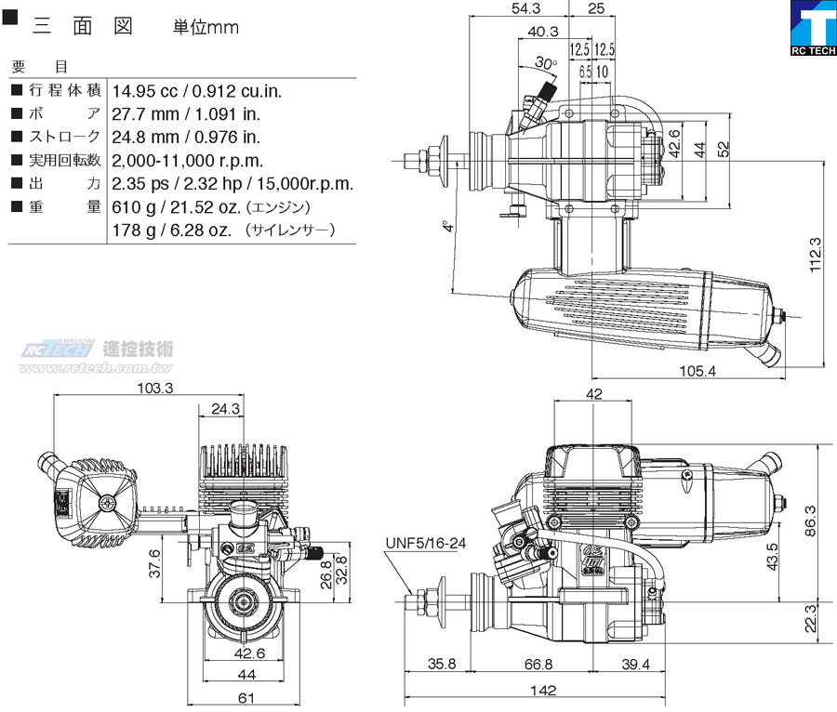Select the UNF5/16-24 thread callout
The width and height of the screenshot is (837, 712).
pyautogui.click(x=425, y=544)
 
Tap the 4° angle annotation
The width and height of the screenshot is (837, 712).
pyautogui.click(x=449, y=226)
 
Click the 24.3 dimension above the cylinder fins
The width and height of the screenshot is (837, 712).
pyautogui.click(x=225, y=408)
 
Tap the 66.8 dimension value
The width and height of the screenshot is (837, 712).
pyautogui.click(x=537, y=664)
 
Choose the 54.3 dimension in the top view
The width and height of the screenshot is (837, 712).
pyautogui.click(x=525, y=8)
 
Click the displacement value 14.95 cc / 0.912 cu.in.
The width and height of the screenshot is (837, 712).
pyautogui.click(x=196, y=91)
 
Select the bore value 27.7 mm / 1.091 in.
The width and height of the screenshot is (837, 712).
pyautogui.click(x=186, y=114)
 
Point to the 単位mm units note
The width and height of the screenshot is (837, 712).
pyautogui.click(x=206, y=27)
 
